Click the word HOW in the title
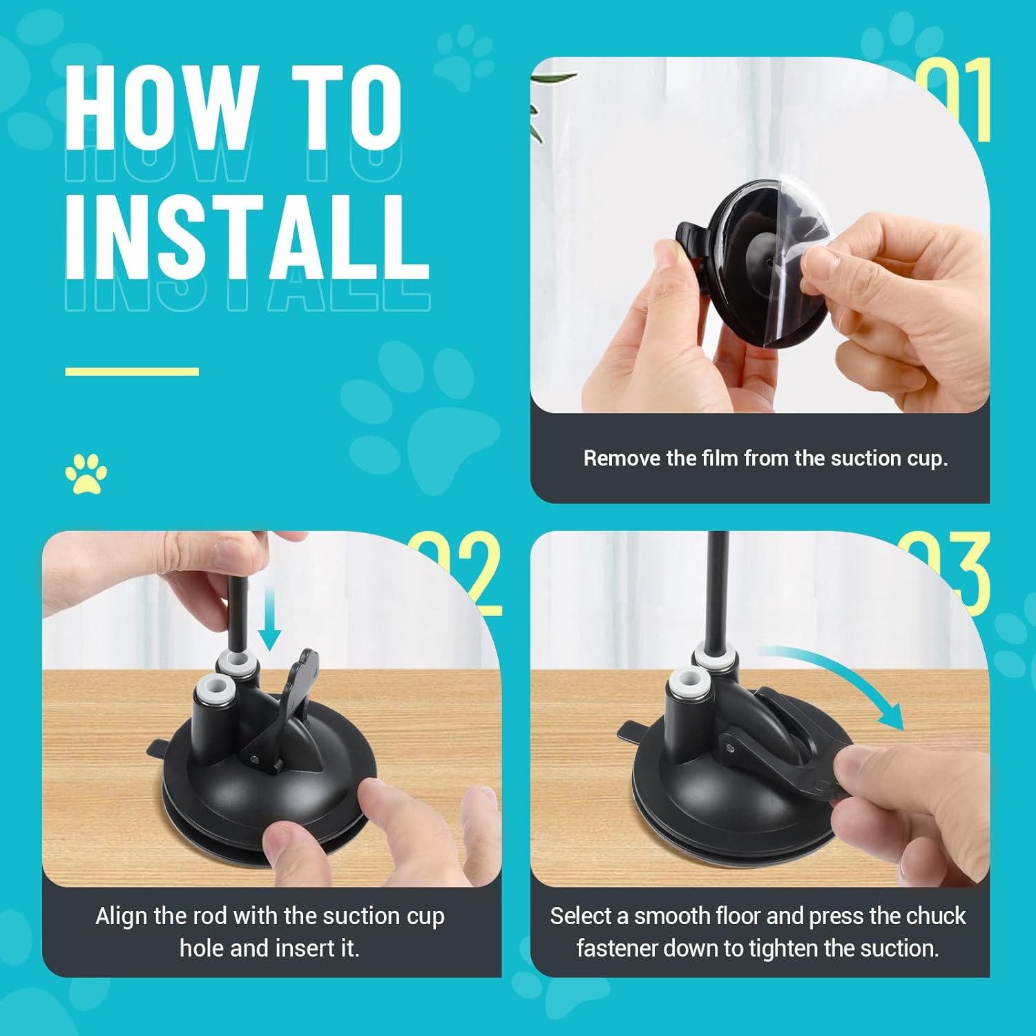(x=156, y=107)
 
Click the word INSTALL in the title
(x=247, y=236)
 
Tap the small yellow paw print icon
(x=86, y=474)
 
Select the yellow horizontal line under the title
(x=132, y=372)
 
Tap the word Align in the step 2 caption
(x=122, y=917)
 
